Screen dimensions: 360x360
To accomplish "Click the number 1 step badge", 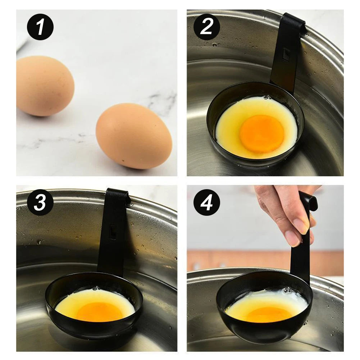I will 40,27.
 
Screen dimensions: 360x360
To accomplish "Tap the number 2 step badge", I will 207,27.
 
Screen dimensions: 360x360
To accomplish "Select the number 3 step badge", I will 40,202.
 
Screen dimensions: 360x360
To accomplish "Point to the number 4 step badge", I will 207,202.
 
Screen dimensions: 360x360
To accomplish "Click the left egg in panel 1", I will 45,86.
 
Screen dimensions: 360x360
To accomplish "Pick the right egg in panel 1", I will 134,136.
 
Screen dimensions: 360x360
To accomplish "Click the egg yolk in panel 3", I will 99,311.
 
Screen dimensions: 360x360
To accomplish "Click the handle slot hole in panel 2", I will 286,54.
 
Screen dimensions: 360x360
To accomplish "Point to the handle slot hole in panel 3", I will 113,232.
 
